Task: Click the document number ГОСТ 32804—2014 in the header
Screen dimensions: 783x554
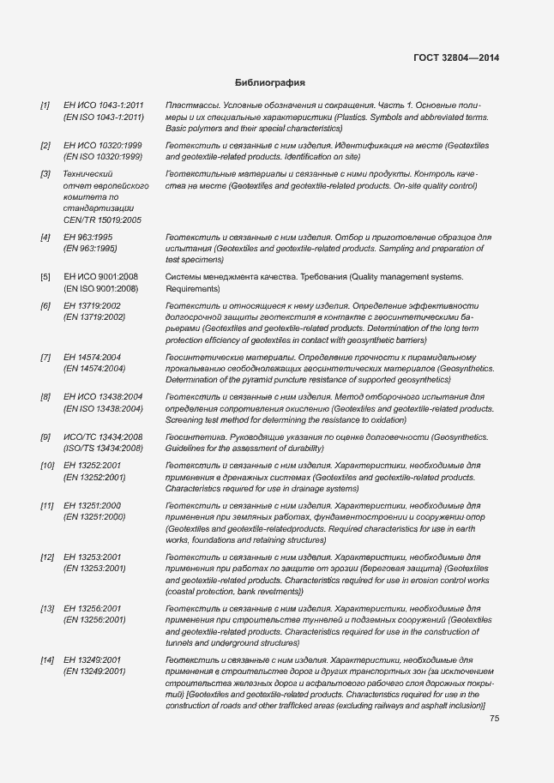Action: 456,58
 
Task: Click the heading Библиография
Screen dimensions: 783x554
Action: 270,82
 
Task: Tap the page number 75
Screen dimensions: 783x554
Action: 494,719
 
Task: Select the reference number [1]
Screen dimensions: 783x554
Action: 45,105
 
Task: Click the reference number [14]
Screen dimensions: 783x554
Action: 47,660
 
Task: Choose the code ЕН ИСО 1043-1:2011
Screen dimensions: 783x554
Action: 103,105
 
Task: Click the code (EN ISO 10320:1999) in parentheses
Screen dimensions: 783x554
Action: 103,157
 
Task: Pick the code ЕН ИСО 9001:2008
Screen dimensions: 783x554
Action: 100,277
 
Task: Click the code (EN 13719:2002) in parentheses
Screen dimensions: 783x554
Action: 94,317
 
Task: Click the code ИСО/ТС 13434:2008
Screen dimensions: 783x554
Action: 103,437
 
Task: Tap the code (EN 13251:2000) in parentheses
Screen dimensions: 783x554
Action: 94,517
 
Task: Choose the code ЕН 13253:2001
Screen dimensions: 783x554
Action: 93,557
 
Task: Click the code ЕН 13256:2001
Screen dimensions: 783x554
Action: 93,608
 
